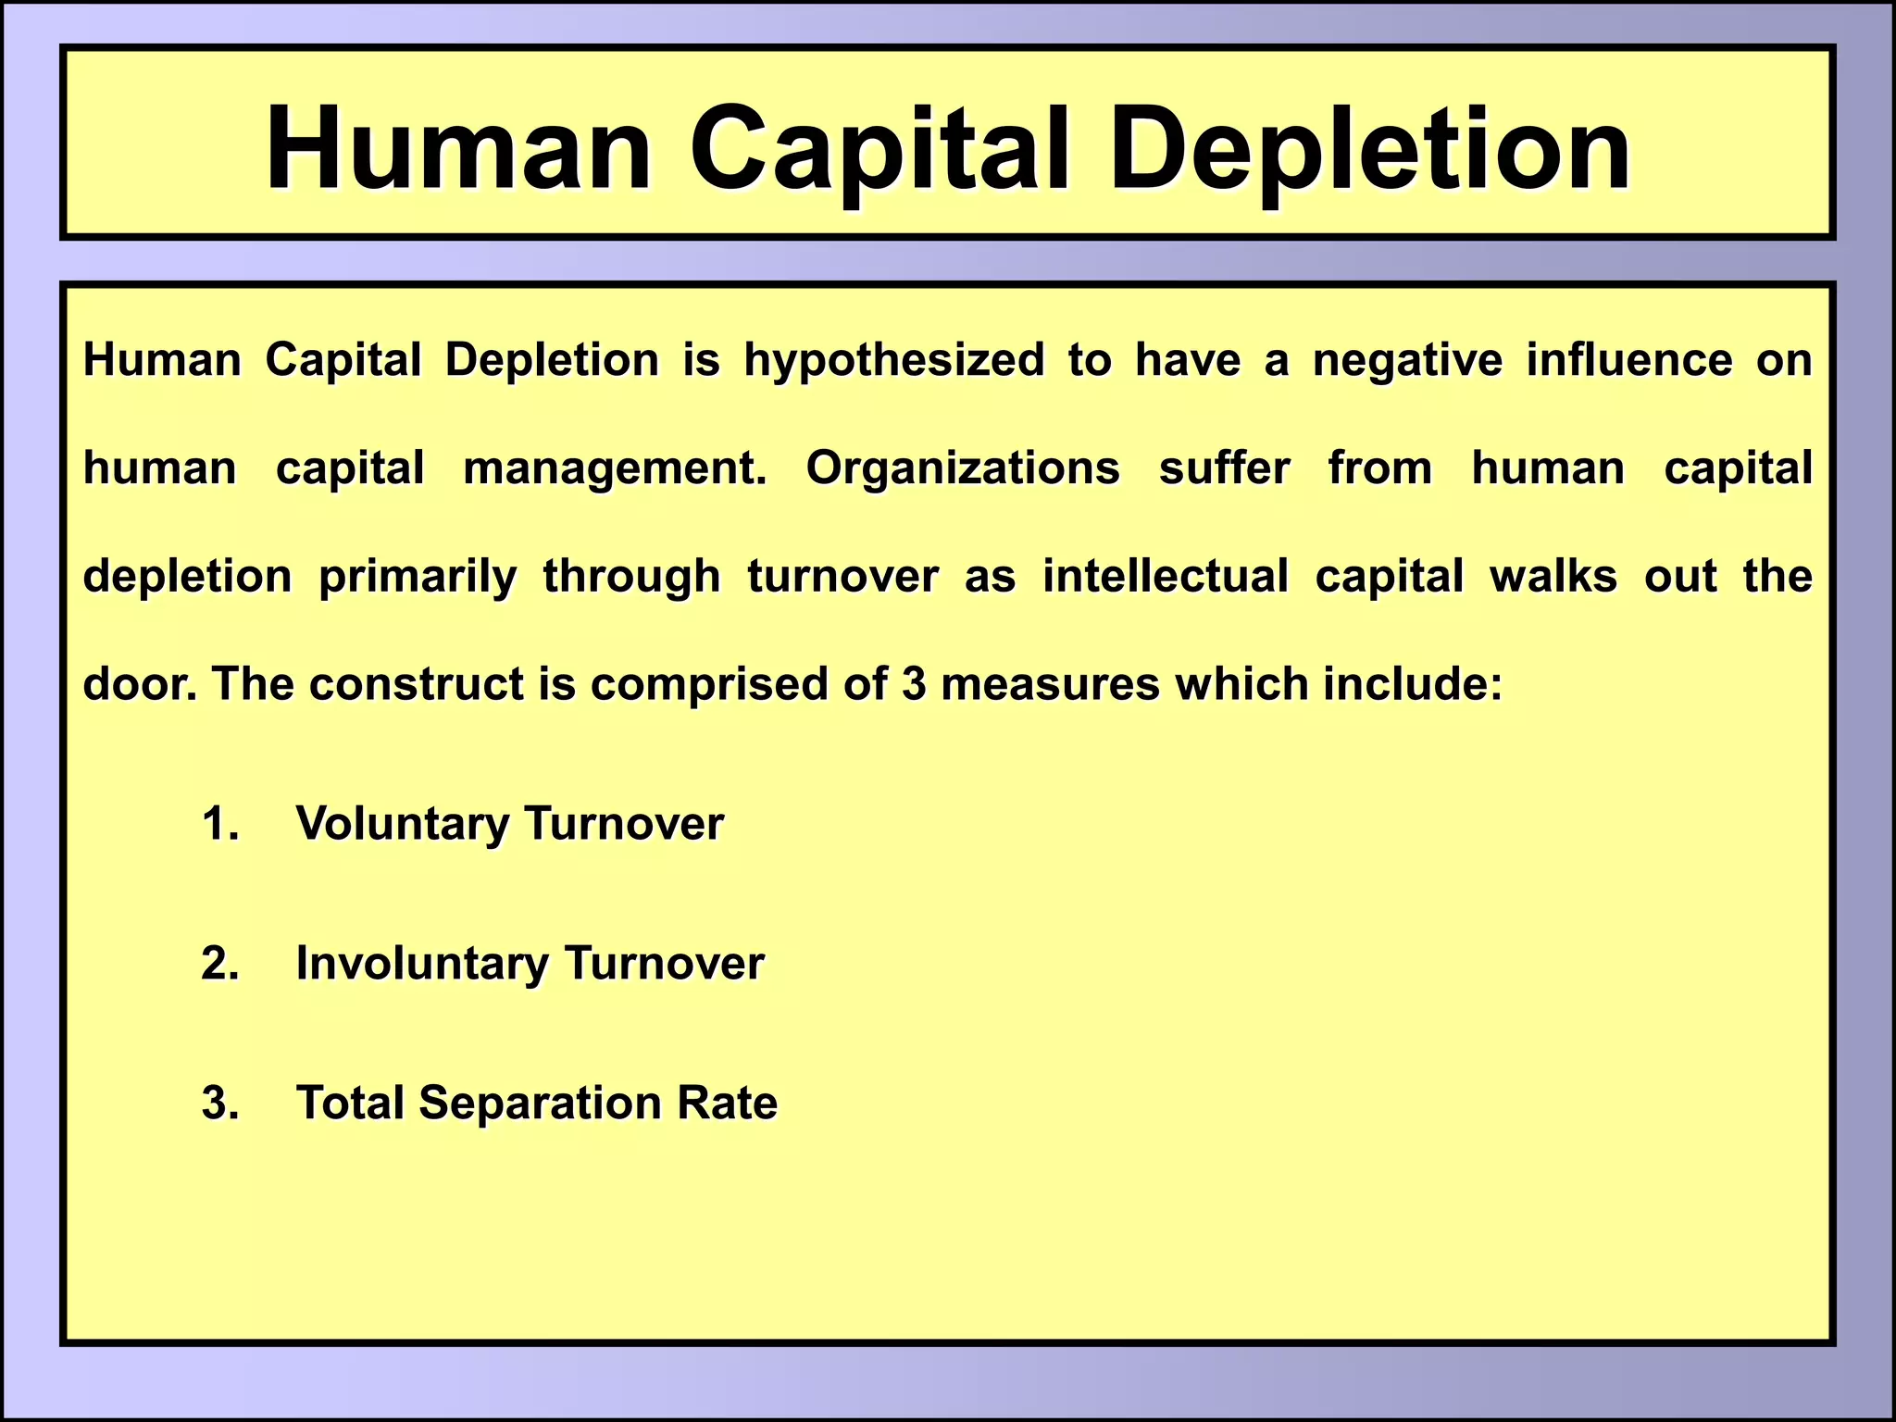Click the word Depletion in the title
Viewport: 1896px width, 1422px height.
pos(1368,150)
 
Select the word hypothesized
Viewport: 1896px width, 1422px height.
pos(894,361)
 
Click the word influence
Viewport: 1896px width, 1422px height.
pos(1629,359)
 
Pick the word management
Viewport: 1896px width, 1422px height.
pos(615,468)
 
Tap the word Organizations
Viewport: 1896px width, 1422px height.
pos(963,468)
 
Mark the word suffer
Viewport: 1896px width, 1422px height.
pos(1224,468)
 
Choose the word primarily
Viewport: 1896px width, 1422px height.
pos(418,577)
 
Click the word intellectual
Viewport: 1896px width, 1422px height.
pos(1166,576)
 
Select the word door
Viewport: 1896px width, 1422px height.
pos(140,684)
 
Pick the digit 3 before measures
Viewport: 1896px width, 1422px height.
pos(914,684)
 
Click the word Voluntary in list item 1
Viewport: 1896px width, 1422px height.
pos(402,824)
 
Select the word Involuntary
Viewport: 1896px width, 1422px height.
pos(422,964)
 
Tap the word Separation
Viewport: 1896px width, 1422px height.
pos(540,1104)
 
